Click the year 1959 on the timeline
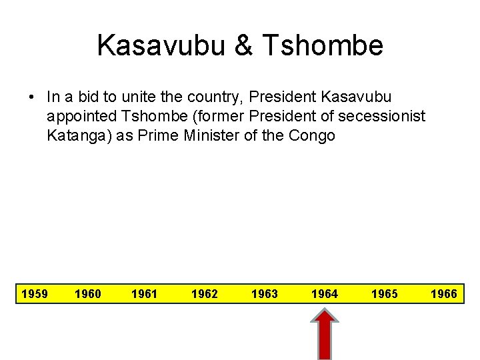point(35,293)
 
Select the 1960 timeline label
point(88,293)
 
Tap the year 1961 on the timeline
point(145,293)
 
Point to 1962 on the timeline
point(204,293)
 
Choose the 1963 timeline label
point(265,293)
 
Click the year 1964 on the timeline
point(325,293)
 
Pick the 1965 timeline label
point(385,293)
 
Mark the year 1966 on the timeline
point(443,293)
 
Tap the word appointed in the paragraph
point(78,117)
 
